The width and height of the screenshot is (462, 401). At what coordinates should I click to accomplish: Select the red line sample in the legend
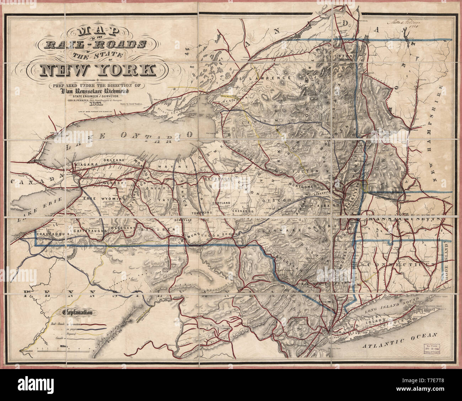click(95, 324)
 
